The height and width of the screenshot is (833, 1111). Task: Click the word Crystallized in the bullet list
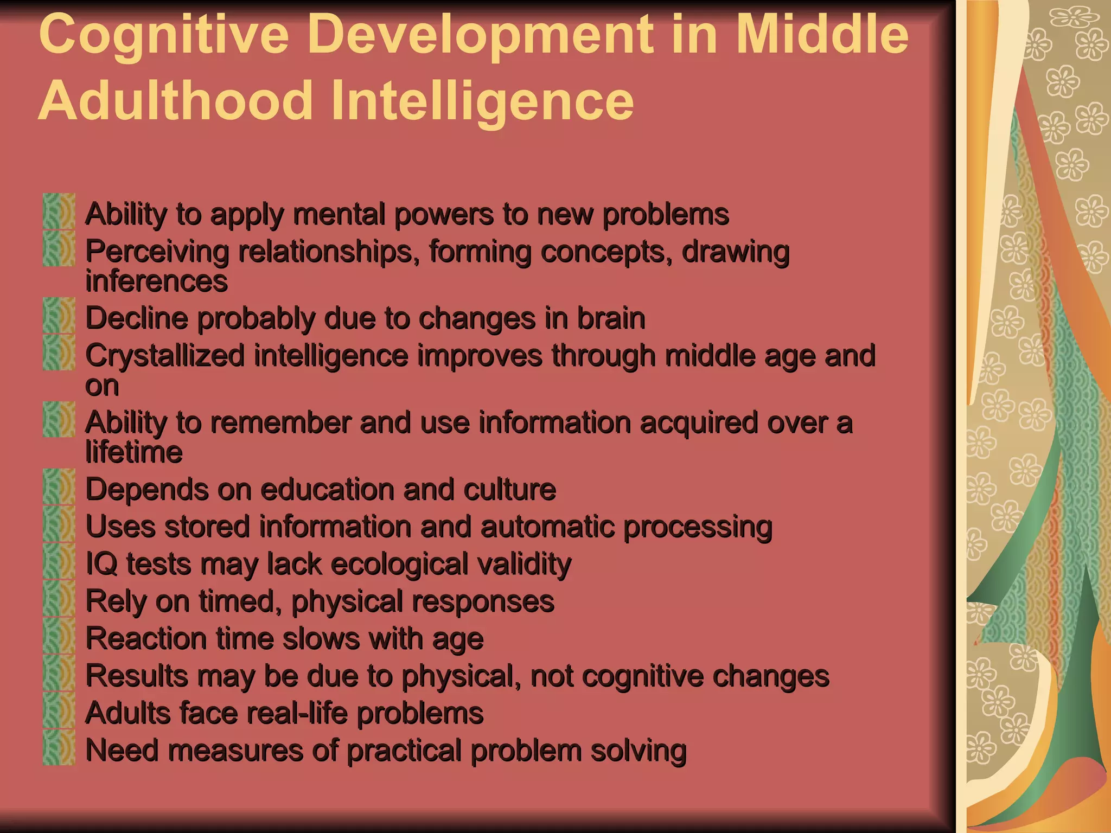tap(165, 357)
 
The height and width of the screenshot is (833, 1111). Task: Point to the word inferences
tap(156, 281)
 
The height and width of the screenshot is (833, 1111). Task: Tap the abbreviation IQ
tap(101, 564)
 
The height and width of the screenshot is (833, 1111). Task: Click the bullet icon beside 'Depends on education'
tap(59, 486)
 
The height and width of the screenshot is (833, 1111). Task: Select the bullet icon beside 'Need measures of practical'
tap(59, 747)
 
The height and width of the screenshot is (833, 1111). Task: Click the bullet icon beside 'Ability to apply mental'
tap(59, 211)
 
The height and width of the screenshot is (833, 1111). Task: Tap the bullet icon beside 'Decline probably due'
tap(59, 315)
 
